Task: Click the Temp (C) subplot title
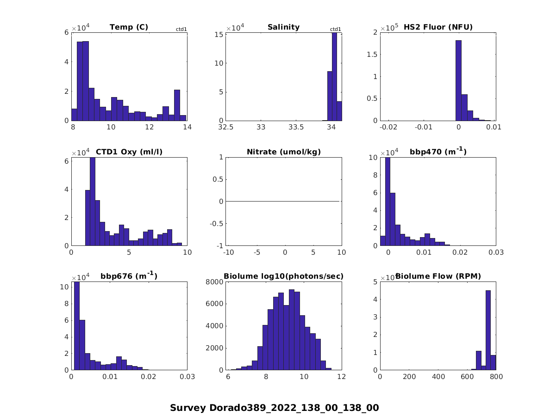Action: click(129, 27)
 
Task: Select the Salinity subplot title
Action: click(283, 27)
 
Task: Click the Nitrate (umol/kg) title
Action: click(283, 152)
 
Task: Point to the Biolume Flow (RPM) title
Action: click(438, 276)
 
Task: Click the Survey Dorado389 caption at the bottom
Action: click(274, 408)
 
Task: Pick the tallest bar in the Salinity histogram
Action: click(334, 76)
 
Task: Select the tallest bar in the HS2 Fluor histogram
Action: click(458, 80)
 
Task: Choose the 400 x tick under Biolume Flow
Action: click(438, 377)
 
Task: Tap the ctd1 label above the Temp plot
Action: click(181, 30)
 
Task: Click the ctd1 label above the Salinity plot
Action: click(335, 30)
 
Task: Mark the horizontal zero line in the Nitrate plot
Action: click(283, 201)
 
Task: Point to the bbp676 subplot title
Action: click(129, 276)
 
